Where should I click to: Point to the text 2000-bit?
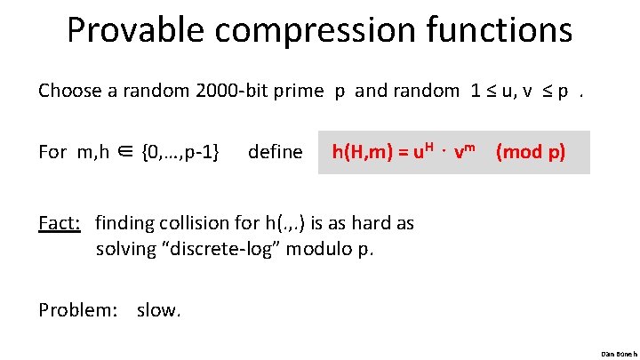224,91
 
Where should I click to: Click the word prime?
299,91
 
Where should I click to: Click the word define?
276,152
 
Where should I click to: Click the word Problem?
79,309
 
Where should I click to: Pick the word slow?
159,309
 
